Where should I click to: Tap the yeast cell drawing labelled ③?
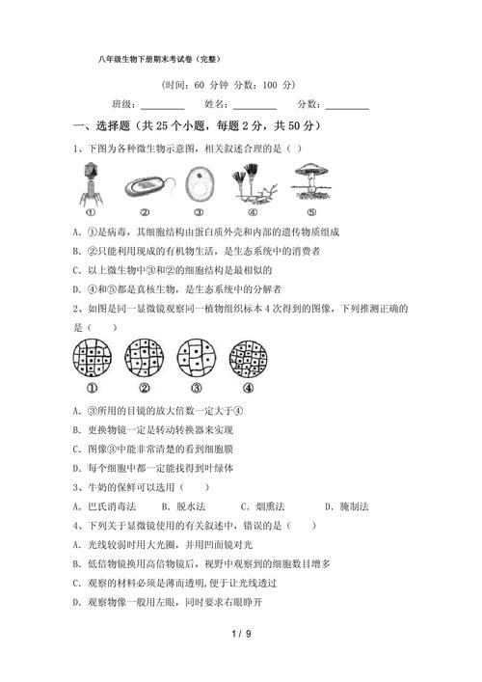(x=200, y=182)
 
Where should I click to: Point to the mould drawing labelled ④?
(x=253, y=182)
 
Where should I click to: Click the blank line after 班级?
(x=164, y=107)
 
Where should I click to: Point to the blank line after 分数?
(x=348, y=107)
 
